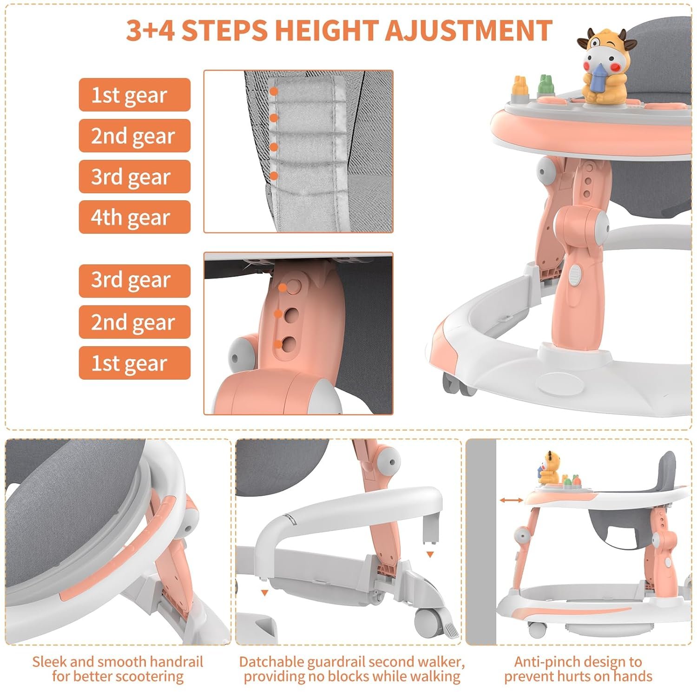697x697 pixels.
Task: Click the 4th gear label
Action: [x=135, y=217]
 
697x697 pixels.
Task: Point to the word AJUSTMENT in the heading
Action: [x=468, y=31]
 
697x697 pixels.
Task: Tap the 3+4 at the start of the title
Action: [x=151, y=31]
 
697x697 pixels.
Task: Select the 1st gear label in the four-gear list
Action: [x=135, y=95]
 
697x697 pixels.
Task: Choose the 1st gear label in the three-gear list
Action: [x=135, y=363]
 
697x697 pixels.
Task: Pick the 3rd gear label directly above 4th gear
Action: [x=135, y=177]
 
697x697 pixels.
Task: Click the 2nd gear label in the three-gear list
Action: [x=135, y=322]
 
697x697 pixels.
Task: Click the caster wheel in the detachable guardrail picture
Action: [x=426, y=618]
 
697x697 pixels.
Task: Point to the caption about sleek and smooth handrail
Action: [x=118, y=669]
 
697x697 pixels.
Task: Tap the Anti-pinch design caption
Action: [x=578, y=669]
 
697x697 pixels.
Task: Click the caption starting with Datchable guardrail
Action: [x=352, y=669]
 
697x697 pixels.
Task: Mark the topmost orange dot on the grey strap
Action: [x=274, y=92]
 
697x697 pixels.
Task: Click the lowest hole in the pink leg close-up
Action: [x=289, y=344]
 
